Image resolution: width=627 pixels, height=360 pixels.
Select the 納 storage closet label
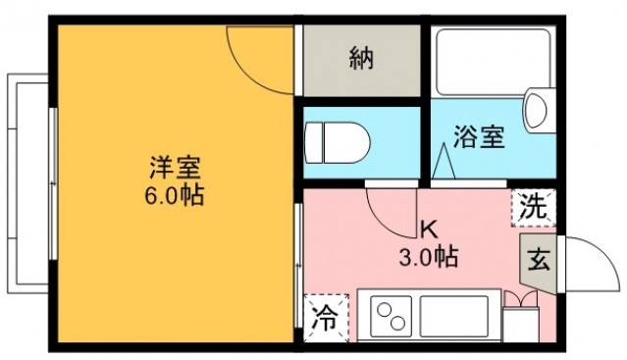tap(362, 60)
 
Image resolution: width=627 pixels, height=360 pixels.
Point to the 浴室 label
tap(480, 136)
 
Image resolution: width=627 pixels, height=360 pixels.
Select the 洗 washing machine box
tap(532, 207)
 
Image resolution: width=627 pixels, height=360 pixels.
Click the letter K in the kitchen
tap(429, 231)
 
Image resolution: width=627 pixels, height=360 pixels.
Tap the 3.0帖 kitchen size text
tap(429, 257)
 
